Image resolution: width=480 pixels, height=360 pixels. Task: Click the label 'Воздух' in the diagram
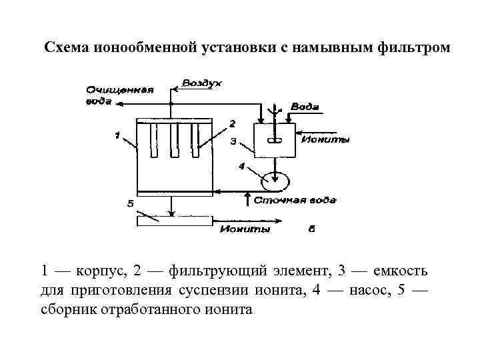click(203, 83)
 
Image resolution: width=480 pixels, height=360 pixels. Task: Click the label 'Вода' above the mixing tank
click(306, 107)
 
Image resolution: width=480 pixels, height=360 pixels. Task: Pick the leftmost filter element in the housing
click(153, 141)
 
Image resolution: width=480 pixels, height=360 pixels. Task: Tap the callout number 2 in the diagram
click(232, 124)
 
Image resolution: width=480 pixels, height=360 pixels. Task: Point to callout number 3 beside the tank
click(233, 141)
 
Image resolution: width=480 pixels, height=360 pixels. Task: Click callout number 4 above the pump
click(241, 165)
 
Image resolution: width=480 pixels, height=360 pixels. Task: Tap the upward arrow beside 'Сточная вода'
click(247, 199)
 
